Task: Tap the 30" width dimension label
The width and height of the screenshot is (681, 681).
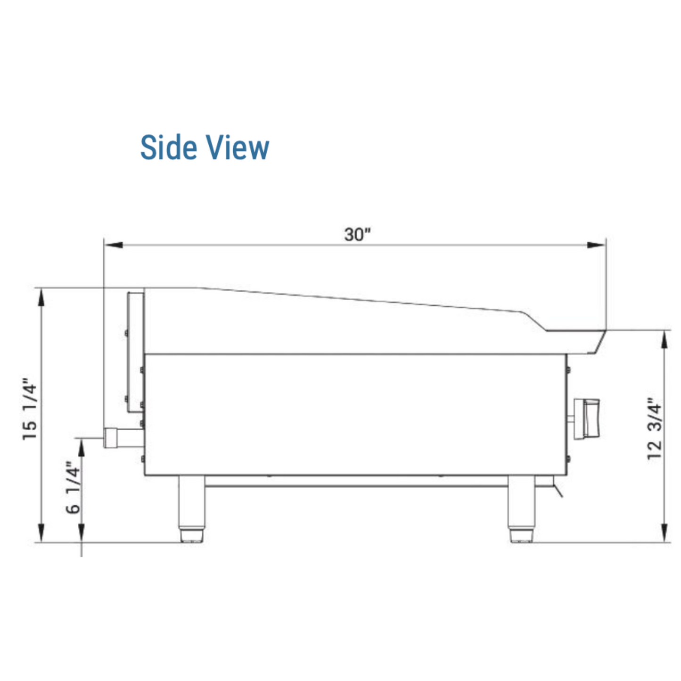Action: tap(357, 234)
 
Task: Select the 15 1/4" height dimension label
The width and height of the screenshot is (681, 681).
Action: tap(30, 410)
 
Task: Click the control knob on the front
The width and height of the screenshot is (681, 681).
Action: tap(585, 419)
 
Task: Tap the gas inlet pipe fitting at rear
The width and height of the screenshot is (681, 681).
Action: tap(123, 438)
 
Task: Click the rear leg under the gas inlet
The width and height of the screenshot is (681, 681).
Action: tap(192, 509)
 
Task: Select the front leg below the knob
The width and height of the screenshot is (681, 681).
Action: tap(522, 509)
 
